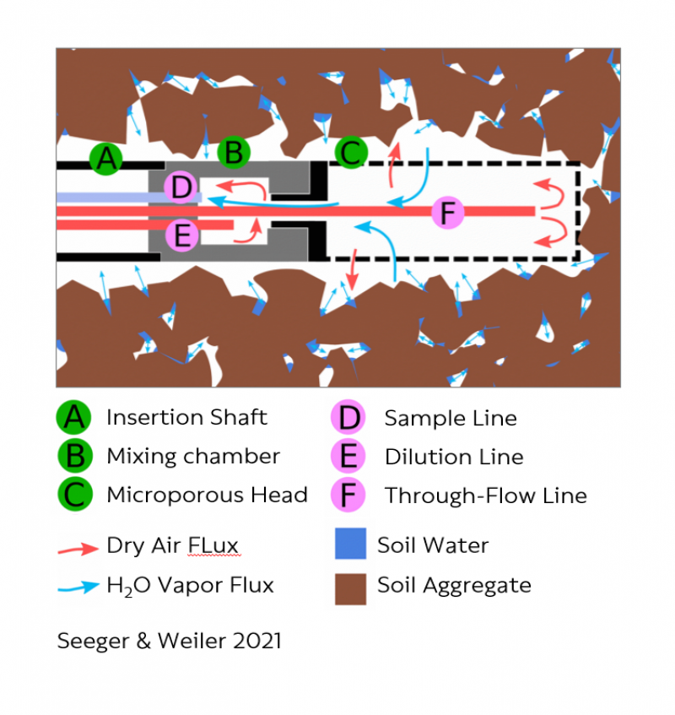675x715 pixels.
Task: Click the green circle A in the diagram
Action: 105,159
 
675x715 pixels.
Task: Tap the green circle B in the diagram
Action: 234,152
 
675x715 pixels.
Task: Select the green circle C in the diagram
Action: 351,152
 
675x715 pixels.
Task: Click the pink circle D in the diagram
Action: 181,187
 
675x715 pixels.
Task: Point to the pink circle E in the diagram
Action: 181,236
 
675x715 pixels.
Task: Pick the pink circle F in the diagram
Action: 447,212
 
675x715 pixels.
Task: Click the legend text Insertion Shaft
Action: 186,417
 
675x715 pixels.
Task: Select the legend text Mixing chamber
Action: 193,456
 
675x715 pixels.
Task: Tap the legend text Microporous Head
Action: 208,495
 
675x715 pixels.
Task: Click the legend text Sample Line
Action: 451,418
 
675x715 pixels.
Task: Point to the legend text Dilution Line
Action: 454,457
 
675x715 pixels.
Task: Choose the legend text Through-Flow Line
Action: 486,496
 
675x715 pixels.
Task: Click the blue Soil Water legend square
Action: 350,544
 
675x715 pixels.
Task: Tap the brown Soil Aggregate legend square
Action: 350,589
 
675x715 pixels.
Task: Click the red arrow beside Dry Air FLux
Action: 78,549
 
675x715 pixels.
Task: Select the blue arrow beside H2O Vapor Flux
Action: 78,587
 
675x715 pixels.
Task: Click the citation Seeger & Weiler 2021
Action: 169,641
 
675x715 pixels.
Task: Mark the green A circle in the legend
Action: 74,417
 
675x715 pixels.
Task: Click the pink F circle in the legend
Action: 348,496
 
